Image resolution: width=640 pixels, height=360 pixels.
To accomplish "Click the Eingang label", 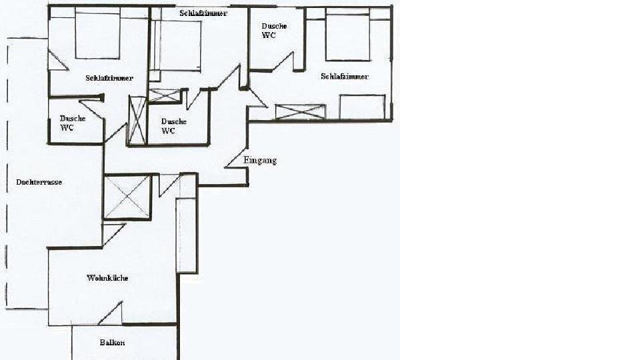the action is (x=260, y=161).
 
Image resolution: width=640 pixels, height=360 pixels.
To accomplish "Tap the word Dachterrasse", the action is (x=39, y=182).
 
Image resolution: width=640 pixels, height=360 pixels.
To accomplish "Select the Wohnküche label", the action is (x=107, y=278).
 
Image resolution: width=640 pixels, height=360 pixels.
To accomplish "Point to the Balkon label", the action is (x=112, y=343).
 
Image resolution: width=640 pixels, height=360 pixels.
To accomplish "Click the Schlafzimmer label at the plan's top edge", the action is (x=203, y=13).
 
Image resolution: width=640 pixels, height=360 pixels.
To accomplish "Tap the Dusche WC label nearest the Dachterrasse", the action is (x=73, y=123).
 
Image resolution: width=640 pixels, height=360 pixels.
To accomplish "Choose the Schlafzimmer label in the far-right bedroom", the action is (x=345, y=76).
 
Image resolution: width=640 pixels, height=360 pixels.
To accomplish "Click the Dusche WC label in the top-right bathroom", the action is (x=274, y=31).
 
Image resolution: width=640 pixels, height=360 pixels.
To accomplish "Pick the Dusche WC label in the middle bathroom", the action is (x=174, y=126).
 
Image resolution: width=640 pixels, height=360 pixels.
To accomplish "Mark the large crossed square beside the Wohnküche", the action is (x=127, y=197).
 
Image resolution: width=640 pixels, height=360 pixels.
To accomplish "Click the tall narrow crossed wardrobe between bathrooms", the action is (x=137, y=121).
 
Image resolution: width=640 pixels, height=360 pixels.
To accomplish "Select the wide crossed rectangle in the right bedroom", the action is (x=301, y=112).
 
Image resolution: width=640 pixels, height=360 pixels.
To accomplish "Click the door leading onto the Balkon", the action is (x=111, y=313).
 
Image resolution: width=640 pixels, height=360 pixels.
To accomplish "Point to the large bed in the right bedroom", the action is (x=348, y=35).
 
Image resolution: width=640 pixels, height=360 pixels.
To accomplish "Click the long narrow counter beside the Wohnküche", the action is (x=187, y=235).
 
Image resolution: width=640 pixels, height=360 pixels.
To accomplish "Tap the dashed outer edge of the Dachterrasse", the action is (x=7, y=173).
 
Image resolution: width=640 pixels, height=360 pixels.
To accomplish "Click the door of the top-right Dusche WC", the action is (x=283, y=61).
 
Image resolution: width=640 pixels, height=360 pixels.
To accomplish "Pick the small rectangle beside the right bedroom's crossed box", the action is (x=363, y=107).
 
